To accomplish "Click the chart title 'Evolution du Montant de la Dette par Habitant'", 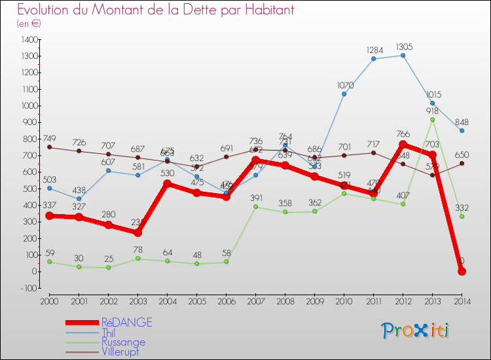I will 155,10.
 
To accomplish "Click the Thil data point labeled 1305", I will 403,55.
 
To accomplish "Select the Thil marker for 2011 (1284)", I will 373,59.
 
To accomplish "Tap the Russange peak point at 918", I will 432,119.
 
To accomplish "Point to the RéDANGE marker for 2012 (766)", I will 403,145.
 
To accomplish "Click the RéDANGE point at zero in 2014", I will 462,271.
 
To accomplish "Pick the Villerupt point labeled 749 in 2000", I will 49,147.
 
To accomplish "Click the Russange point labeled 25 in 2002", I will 108,267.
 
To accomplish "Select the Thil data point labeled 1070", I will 344,94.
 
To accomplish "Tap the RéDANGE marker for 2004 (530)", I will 167,183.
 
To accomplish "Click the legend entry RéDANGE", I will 126,322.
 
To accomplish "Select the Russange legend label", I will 123,342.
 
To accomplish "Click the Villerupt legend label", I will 120,351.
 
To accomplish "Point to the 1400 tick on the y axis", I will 29,40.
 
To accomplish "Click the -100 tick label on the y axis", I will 29,288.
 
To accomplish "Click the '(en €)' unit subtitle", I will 29,24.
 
